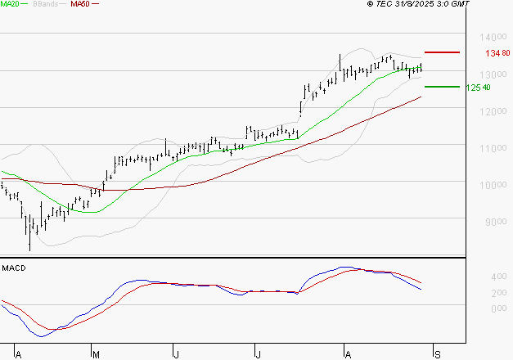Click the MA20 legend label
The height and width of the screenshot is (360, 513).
click(11, 5)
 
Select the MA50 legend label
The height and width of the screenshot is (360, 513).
click(80, 5)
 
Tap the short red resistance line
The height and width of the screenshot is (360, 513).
click(442, 52)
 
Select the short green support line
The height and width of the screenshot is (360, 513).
click(442, 86)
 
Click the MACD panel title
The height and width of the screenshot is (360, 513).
click(14, 268)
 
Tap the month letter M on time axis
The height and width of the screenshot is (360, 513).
click(95, 354)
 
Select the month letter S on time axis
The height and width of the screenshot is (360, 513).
click(438, 354)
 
